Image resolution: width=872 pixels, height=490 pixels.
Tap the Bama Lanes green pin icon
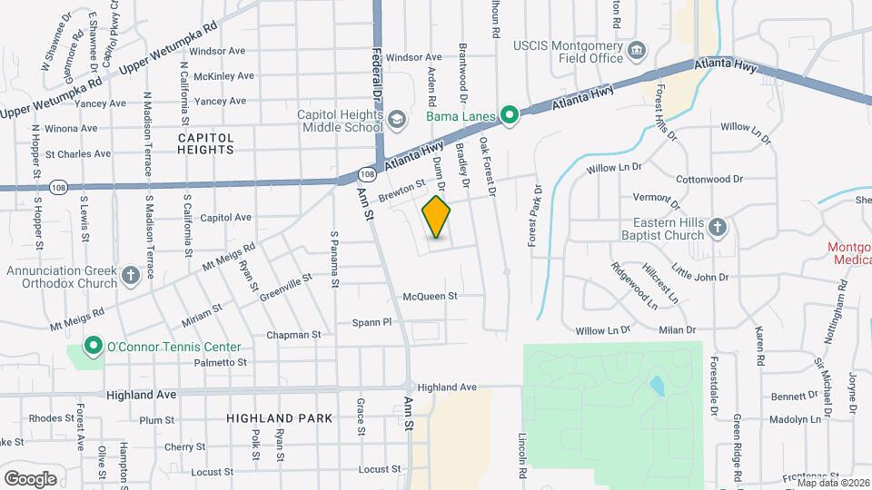click(510, 115)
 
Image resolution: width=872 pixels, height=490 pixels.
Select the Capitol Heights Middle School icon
click(396, 119)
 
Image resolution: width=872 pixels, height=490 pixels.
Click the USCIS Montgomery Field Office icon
click(638, 48)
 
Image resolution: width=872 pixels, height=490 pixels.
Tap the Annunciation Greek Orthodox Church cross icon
click(130, 274)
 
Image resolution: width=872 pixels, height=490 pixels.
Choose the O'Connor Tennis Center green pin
click(92, 347)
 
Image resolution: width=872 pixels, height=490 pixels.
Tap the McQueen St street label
click(429, 296)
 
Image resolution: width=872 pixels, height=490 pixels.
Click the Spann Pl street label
click(372, 322)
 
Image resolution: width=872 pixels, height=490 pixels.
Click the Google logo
click(31, 478)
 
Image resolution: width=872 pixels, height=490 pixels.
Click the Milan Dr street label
click(678, 330)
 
